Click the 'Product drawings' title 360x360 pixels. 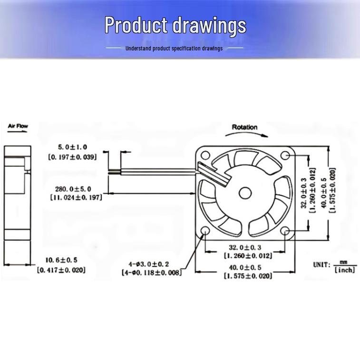[175, 26]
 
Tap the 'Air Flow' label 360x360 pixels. [18, 126]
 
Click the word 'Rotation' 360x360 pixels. [244, 127]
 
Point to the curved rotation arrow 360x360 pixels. [247, 134]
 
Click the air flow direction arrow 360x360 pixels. [18, 132]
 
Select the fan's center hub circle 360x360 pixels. [245, 194]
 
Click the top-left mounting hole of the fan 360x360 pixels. [205, 155]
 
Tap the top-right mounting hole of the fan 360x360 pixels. [285, 155]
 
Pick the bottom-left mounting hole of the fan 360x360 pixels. [205, 231]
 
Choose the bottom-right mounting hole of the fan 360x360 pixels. [285, 231]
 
